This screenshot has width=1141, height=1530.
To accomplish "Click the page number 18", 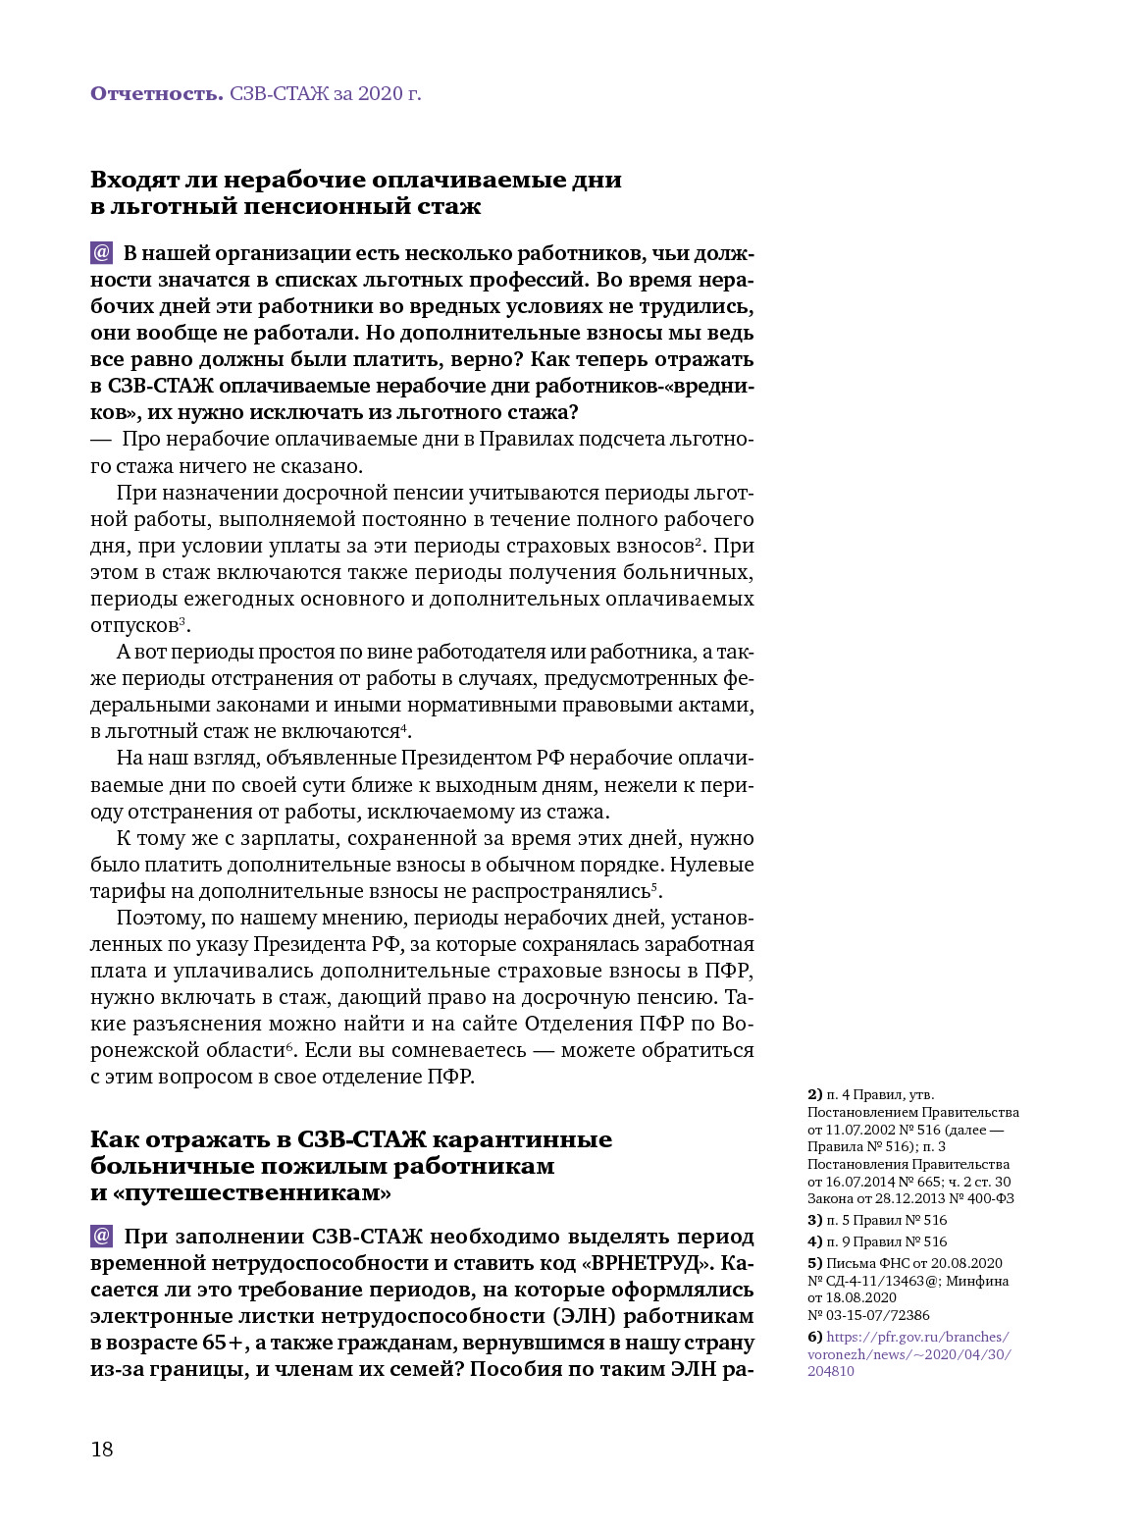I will click(102, 1450).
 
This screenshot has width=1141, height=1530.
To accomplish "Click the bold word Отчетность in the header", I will click(156, 94).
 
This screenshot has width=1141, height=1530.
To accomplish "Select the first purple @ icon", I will click(102, 253).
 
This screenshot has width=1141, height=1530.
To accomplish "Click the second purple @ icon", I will click(102, 1237).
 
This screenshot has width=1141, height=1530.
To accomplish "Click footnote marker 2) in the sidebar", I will click(814, 1094).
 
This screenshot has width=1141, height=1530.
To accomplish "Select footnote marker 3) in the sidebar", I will click(814, 1220).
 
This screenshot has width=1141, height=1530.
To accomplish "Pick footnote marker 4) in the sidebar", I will click(814, 1241).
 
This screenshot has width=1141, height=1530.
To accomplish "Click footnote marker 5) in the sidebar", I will click(814, 1263).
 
